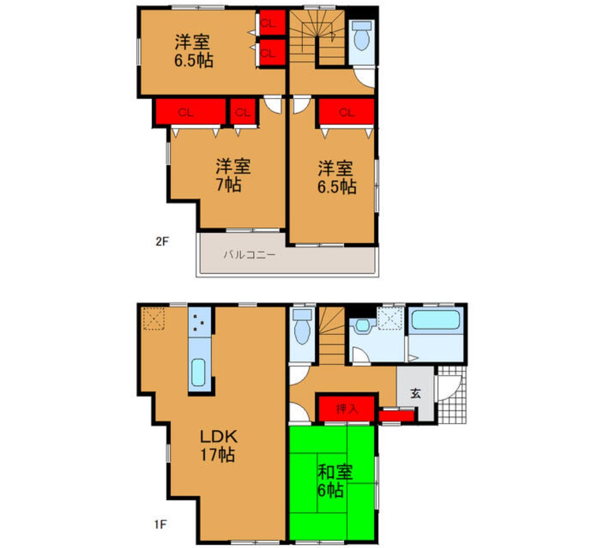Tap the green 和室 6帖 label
pyautogui.click(x=334, y=481)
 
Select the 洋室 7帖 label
pyautogui.click(x=233, y=176)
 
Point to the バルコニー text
pyautogui.click(x=250, y=255)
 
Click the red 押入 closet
pyautogui.click(x=347, y=409)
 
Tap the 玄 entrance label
pyautogui.click(x=415, y=393)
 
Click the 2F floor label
pyautogui.click(x=162, y=241)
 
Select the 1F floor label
pyautogui.click(x=161, y=524)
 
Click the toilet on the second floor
pyautogui.click(x=362, y=36)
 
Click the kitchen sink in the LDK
pyautogui.click(x=199, y=372)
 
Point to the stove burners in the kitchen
pyautogui.click(x=200, y=322)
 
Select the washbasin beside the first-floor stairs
pyautogui.click(x=362, y=325)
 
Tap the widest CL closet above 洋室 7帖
pyautogui.click(x=191, y=112)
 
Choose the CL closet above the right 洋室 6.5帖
pyautogui.click(x=347, y=112)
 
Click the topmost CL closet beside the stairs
pyautogui.click(x=272, y=23)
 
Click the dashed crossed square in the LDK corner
pyautogui.click(x=153, y=318)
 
